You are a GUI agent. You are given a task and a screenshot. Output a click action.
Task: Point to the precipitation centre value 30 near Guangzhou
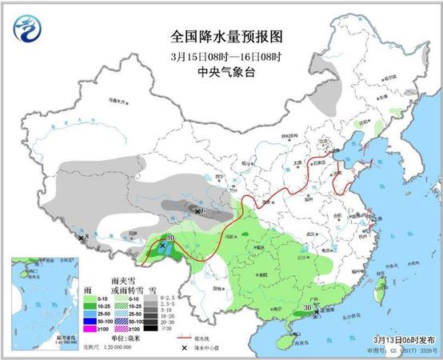pos(307,306)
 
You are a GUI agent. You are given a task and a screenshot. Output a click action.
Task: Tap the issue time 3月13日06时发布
pos(403,338)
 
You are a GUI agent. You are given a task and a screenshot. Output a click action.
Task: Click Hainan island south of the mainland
pos(281,334)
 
